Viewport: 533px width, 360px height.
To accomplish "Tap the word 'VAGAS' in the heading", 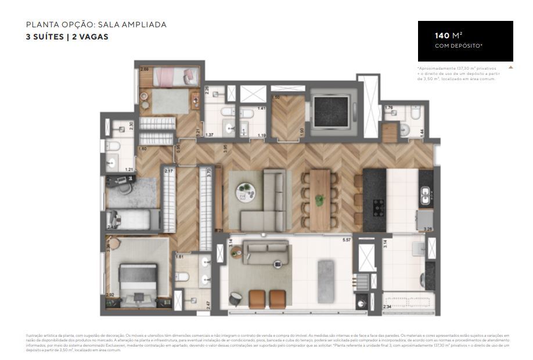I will tap(94, 37).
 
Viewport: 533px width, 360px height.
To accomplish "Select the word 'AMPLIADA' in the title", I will tap(145, 24).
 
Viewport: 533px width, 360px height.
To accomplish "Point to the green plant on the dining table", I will tap(319, 200).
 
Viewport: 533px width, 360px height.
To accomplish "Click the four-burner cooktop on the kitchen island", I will tap(379, 206).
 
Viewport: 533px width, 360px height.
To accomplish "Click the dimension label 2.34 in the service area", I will tap(387, 306).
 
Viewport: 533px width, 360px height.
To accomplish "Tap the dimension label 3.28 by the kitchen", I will tap(428, 230).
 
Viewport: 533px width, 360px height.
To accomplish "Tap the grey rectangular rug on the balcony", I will tap(326, 281).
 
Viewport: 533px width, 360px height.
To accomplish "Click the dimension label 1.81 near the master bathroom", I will tap(179, 256).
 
